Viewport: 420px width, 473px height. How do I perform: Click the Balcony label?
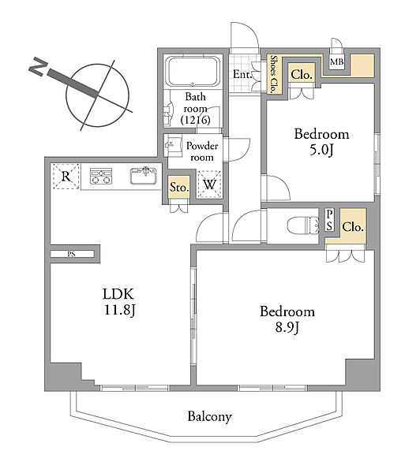[209, 416]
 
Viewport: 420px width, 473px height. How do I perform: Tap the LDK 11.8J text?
[118, 302]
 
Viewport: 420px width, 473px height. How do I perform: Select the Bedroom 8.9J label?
[287, 319]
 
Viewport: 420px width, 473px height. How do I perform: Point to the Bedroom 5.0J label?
[321, 142]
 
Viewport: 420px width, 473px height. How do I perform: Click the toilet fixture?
[302, 225]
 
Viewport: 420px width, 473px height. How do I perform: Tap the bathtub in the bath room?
[193, 72]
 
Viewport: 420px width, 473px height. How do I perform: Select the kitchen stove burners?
[101, 176]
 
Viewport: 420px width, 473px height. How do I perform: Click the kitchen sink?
[144, 175]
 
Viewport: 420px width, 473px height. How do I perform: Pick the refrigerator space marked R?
[66, 176]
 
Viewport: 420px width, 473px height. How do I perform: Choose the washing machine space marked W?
[209, 184]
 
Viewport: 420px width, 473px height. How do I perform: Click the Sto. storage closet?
[179, 187]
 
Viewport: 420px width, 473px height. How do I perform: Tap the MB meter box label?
[336, 61]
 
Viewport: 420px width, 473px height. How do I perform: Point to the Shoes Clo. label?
[274, 73]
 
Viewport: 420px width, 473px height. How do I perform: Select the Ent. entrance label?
[242, 74]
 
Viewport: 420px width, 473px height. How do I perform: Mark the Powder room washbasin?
[173, 145]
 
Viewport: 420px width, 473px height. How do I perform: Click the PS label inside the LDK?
[71, 254]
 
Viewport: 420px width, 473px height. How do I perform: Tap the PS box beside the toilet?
[330, 220]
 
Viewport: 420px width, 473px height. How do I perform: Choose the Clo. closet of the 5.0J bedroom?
[302, 74]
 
